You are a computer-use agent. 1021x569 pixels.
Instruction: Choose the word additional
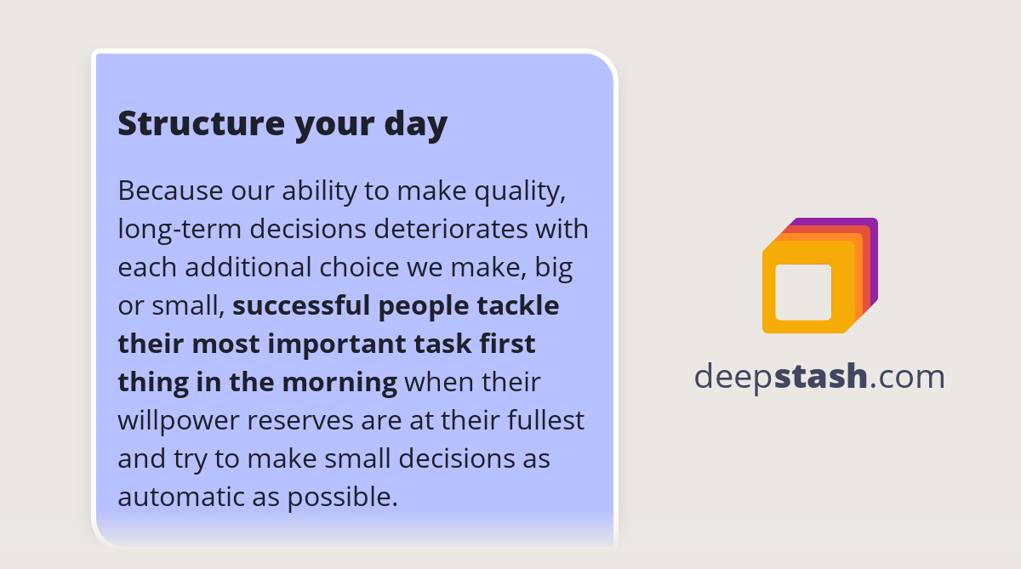click(x=248, y=268)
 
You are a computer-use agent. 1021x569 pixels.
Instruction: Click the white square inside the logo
click(x=803, y=292)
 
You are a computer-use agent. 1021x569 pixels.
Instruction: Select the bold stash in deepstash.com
click(x=821, y=376)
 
